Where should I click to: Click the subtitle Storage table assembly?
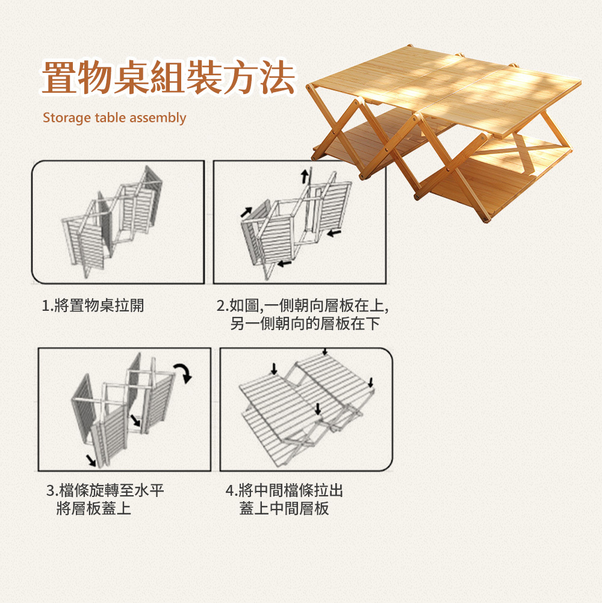[114, 117]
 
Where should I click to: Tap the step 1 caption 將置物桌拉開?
[93, 305]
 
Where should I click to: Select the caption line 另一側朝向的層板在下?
[305, 324]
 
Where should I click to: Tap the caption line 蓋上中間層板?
[284, 509]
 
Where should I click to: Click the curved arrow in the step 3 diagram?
[184, 372]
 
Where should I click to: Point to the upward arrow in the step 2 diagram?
[305, 175]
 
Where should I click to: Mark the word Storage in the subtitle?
[67, 117]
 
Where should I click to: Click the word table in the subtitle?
[108, 117]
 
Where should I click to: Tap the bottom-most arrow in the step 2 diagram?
[285, 264]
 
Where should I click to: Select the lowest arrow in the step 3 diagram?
[91, 460]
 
